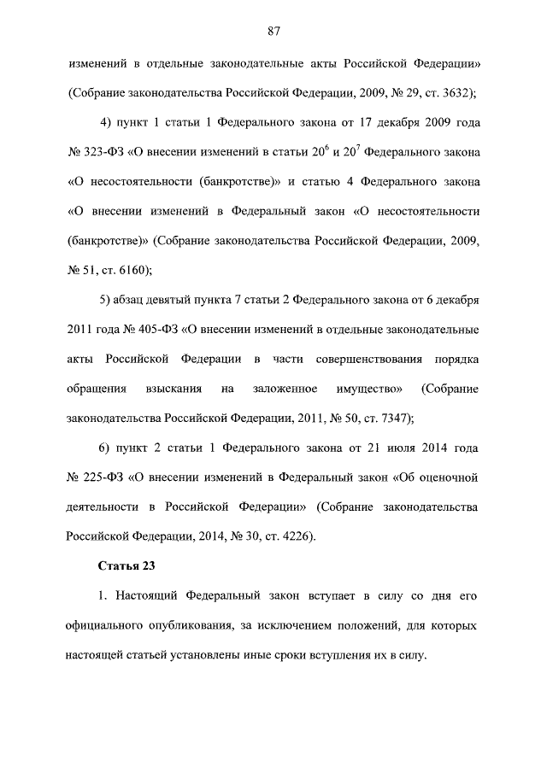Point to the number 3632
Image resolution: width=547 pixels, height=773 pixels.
click(x=456, y=91)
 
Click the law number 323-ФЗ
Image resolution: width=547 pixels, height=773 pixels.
click(x=104, y=151)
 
